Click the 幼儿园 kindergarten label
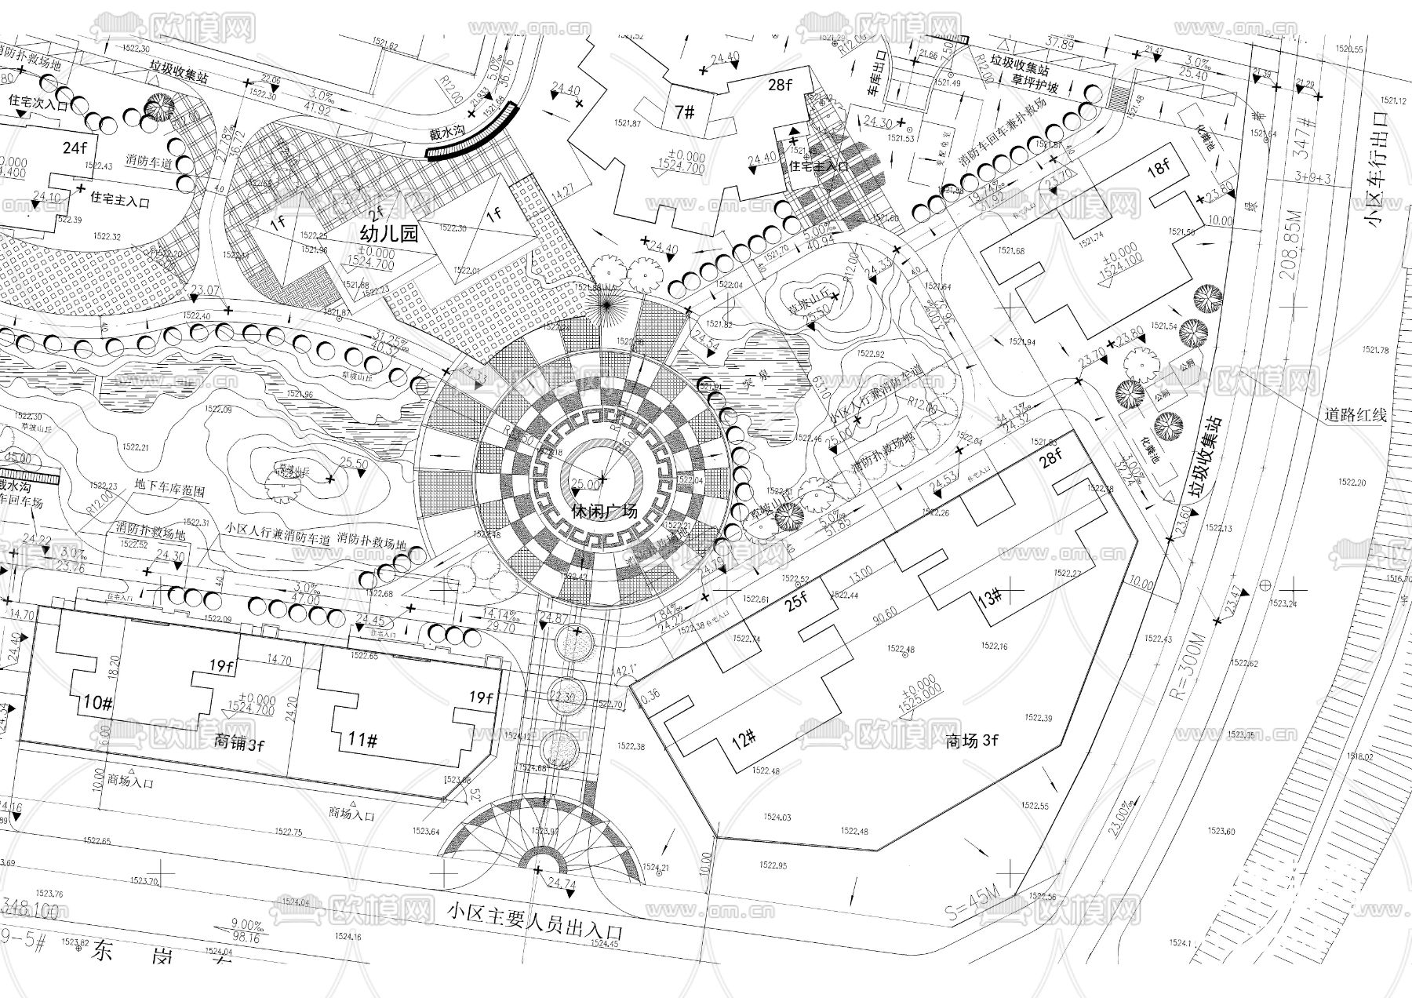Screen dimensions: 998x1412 click(x=389, y=233)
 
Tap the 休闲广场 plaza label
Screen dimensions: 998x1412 click(x=603, y=512)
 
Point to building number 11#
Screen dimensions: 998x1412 click(x=363, y=740)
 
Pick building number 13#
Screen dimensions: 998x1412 click(x=990, y=599)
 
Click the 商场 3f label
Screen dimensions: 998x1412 click(x=972, y=740)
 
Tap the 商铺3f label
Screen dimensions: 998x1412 click(x=239, y=743)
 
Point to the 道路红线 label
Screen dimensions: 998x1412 click(x=1356, y=414)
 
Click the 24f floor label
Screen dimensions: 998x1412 click(x=75, y=147)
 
